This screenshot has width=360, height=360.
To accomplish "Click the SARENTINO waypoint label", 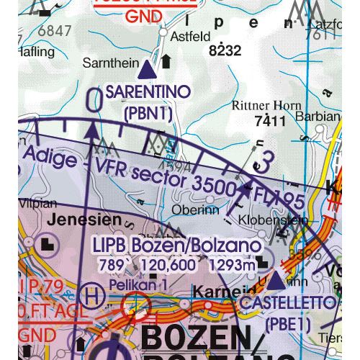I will tap(148, 92).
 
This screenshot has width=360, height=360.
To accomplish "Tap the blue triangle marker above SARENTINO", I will tap(147, 71).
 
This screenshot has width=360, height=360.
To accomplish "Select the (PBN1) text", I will tap(148, 113).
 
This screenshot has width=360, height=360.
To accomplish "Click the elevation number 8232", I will tap(224, 51).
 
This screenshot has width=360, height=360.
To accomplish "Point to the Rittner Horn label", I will tap(266, 106).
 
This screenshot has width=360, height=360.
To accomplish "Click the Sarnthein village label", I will tap(111, 63).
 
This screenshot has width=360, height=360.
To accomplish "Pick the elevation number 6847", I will tap(55, 30).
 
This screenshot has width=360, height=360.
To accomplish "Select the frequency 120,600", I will tap(174, 264).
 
